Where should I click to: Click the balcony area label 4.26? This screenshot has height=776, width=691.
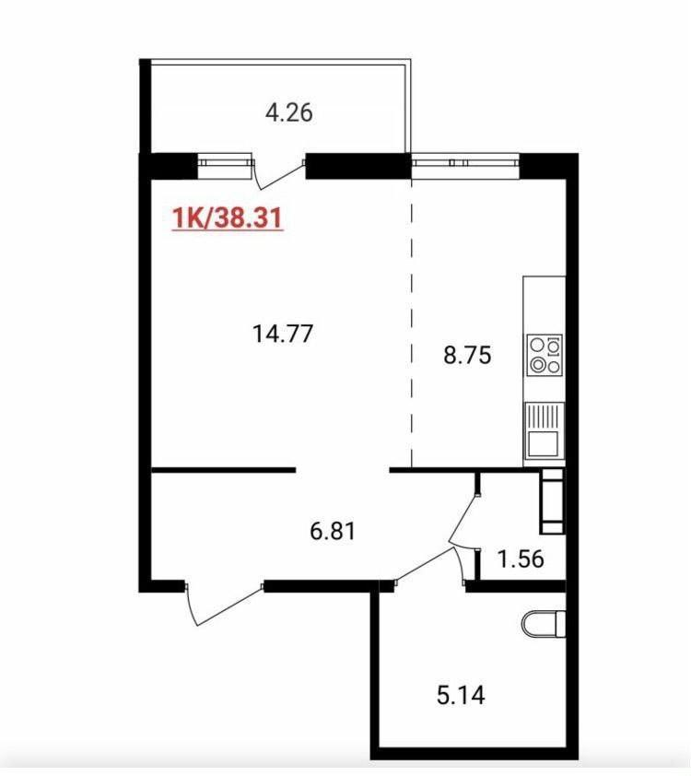point(289,112)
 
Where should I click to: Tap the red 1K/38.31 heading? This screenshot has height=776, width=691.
point(228,218)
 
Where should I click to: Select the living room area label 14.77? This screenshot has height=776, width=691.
point(283,333)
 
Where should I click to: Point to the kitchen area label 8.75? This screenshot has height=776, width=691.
point(467,355)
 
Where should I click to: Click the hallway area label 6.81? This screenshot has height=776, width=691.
point(333,531)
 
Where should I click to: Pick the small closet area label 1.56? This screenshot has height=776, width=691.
point(521,559)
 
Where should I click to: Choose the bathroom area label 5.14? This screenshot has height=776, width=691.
point(461,695)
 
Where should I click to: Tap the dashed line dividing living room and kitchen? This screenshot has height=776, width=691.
point(412,323)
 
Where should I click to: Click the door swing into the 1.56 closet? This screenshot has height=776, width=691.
point(463,519)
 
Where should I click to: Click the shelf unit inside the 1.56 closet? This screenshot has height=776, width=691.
point(551,500)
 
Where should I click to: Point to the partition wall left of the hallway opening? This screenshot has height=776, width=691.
point(223,470)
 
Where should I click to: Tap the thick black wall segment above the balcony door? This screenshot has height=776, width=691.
point(358,166)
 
